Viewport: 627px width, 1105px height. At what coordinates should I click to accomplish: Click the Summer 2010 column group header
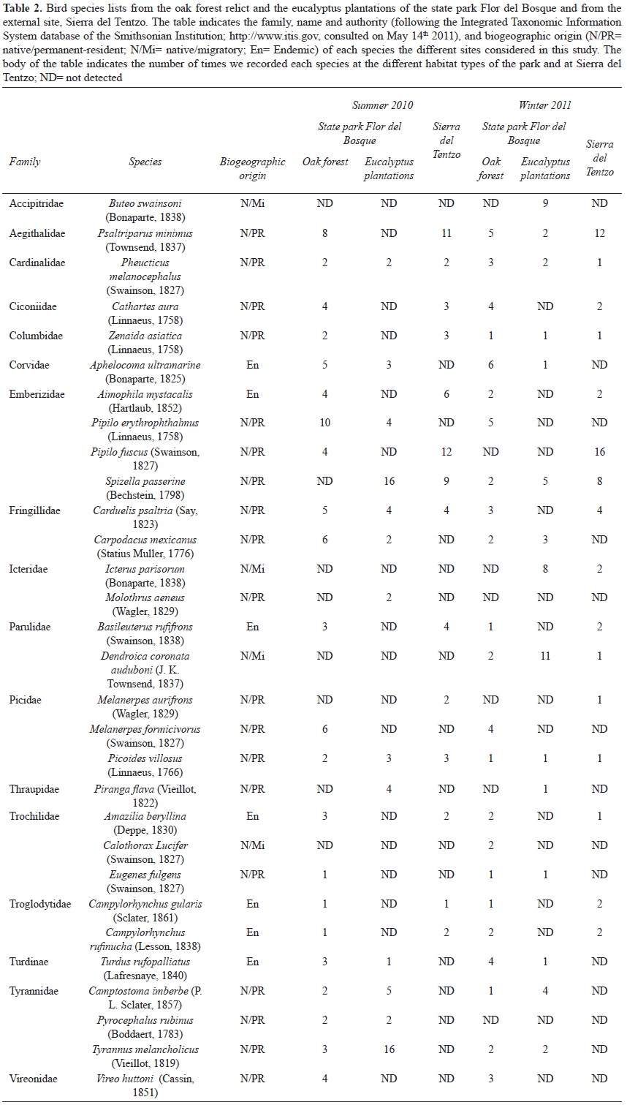point(382,105)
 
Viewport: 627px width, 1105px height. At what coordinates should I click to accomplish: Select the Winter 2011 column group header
point(544,105)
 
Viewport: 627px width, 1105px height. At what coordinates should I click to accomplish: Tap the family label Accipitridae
point(37,203)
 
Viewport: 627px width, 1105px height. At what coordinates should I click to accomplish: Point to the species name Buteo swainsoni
point(145,203)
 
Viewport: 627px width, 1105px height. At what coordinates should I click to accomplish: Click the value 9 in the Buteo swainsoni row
point(545,203)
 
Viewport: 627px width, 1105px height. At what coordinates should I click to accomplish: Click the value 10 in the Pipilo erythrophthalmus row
point(325,423)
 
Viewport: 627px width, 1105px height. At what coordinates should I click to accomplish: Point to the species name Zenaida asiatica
point(145,336)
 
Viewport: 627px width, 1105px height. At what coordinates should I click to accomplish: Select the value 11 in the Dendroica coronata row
point(545,656)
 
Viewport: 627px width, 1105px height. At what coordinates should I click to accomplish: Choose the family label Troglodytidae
point(40,904)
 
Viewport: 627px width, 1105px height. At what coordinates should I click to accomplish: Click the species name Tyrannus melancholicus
point(145,1049)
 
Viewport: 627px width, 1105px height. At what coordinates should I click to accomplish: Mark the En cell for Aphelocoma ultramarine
point(252,365)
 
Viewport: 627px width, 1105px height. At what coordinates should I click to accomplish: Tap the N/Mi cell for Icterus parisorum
point(252,569)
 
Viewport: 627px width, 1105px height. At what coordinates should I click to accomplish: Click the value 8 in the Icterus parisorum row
point(545,569)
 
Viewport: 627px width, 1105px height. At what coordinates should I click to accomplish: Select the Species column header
point(145,162)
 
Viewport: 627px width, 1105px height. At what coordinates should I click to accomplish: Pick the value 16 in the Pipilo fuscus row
point(600,452)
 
